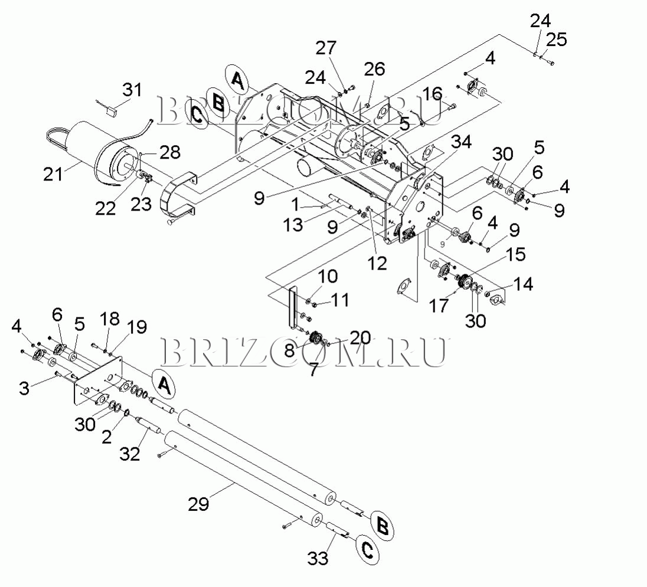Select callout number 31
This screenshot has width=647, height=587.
point(132,90)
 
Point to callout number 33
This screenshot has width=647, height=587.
point(318,558)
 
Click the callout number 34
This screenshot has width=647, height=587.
point(462,142)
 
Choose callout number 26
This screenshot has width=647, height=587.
point(375,69)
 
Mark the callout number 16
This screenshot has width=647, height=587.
point(432,94)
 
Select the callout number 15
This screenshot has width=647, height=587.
point(515,255)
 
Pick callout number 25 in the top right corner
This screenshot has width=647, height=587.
point(556,40)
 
